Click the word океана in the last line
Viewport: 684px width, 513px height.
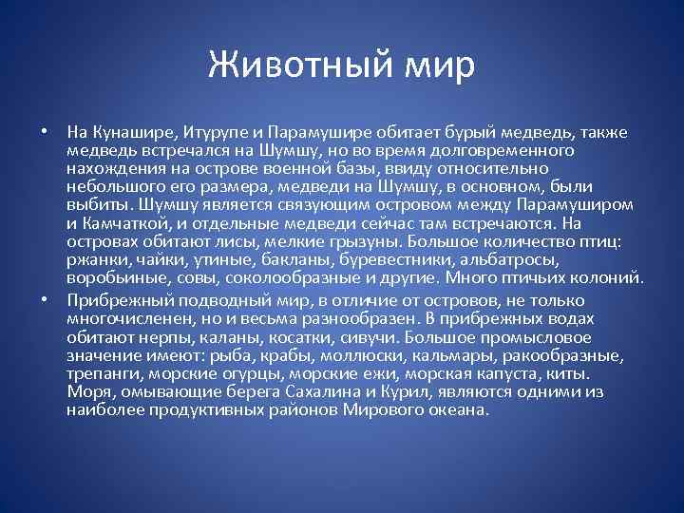tap(458, 410)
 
